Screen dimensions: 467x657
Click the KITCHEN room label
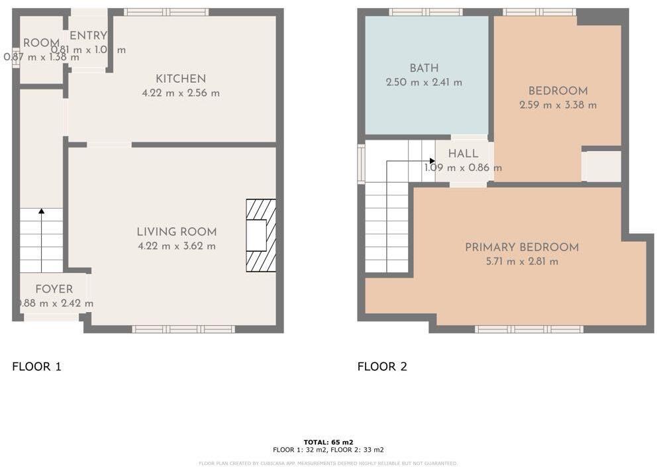click(181, 79)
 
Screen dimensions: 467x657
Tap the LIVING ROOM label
click(176, 232)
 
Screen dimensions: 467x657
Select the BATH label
click(424, 68)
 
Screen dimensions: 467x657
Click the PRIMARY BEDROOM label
click(522, 247)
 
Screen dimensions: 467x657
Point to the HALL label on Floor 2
click(463, 154)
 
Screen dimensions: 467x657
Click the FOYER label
click(54, 289)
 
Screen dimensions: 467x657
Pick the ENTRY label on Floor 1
click(88, 36)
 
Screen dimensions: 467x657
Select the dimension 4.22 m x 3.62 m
click(176, 246)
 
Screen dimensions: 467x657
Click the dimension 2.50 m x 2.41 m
click(424, 83)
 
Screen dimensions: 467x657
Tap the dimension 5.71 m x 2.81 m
click(522, 262)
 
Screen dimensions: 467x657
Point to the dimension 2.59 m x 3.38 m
click(558, 105)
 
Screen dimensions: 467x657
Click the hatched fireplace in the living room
click(260, 235)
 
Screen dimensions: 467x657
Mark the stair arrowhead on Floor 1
click(42, 211)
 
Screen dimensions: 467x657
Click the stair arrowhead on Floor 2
click(432, 161)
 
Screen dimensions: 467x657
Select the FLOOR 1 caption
click(37, 366)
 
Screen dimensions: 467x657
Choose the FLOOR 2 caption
click(382, 366)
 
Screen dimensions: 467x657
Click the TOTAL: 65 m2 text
click(328, 442)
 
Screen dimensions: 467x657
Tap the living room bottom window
click(183, 329)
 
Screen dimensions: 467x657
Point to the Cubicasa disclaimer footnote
click(328, 464)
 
